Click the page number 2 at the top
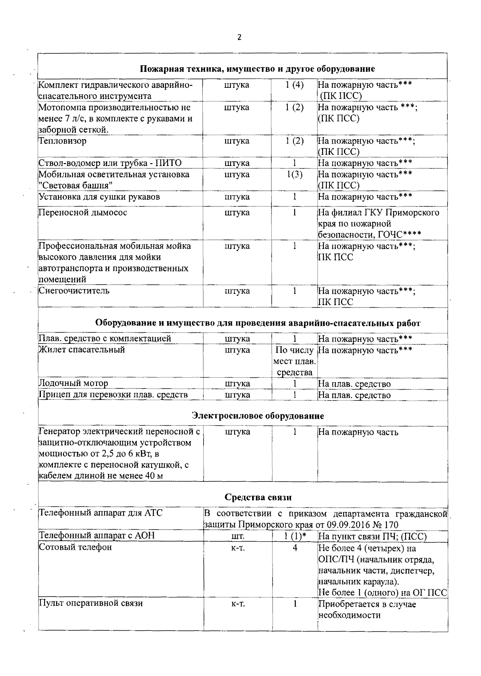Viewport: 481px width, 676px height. click(239, 38)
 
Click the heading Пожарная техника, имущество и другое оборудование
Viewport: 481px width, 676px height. click(257, 69)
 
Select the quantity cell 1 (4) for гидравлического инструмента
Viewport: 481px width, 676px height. click(295, 85)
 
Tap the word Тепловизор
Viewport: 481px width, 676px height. click(63, 141)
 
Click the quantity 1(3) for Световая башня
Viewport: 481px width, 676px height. click(295, 174)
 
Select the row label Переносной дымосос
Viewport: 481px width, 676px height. click(83, 213)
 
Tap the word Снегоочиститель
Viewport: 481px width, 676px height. click(74, 291)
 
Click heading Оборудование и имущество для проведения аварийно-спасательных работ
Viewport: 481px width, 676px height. click(258, 323)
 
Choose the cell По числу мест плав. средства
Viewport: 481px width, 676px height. click(295, 361)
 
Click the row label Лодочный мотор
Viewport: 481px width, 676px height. click(73, 383)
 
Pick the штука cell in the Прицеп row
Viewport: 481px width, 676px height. click(237, 395)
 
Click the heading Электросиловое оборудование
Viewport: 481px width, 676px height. click(258, 416)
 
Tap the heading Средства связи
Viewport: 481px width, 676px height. click(258, 498)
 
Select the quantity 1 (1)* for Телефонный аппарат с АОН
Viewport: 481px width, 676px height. click(295, 536)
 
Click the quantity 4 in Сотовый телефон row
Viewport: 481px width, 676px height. click(295, 548)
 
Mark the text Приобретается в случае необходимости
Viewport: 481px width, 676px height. click(367, 609)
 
